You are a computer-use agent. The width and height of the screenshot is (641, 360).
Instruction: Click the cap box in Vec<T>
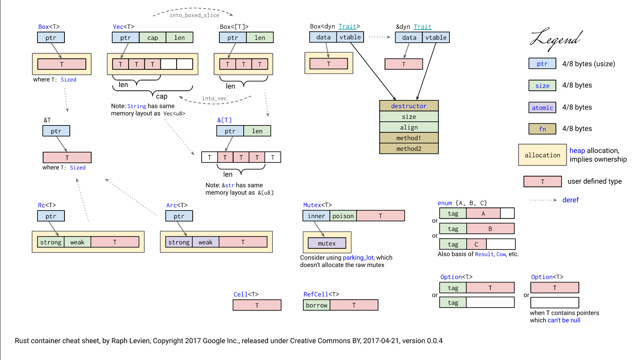(153, 37)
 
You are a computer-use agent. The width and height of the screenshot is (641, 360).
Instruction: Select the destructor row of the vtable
(409, 106)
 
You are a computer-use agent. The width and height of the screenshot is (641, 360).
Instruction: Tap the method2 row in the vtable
(409, 149)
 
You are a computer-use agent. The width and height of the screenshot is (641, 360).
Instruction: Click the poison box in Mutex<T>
(343, 216)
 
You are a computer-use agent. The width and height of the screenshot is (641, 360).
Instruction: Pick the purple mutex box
(327, 243)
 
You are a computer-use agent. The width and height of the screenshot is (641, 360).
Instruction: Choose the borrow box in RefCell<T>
(317, 305)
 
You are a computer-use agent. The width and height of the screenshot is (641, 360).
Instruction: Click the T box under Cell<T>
(257, 305)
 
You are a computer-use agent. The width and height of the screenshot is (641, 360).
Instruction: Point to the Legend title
(556, 39)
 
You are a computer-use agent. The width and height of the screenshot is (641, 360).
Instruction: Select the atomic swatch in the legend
(542, 108)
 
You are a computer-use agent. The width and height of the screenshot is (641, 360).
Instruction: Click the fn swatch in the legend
(542, 129)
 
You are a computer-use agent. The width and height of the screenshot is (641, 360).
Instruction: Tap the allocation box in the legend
(542, 155)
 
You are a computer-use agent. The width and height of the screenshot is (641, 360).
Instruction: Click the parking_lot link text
(358, 258)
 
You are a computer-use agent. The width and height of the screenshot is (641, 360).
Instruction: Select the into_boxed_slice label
(194, 15)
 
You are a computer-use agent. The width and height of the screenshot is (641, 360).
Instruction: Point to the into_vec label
(214, 99)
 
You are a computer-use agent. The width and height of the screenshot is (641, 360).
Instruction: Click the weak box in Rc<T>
(77, 242)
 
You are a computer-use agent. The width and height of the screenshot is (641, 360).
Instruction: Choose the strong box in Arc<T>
(179, 242)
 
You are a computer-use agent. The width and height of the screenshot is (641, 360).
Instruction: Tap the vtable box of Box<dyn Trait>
(350, 37)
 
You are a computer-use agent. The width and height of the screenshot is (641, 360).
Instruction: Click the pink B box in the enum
(490, 229)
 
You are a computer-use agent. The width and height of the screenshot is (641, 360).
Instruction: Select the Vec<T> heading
(123, 27)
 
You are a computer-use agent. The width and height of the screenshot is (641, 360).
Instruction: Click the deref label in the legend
(570, 200)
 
